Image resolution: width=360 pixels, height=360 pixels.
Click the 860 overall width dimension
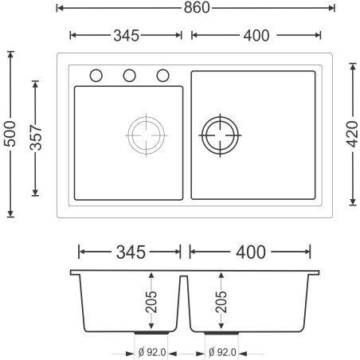coord(197,8)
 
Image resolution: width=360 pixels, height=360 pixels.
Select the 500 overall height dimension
coord(10,134)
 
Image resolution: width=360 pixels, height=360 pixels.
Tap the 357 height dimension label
coord(36,137)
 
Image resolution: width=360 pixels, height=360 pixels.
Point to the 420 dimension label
coord(353,134)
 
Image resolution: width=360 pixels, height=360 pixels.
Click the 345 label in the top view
coord(126,35)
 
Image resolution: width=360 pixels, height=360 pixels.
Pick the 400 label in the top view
coord(256,35)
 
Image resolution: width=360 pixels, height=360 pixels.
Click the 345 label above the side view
coord(131,252)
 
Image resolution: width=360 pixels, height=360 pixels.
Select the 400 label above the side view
coord(251,252)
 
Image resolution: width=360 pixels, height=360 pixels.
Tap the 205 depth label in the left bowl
coord(151,302)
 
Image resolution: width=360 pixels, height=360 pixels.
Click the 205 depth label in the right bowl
coord(221,302)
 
